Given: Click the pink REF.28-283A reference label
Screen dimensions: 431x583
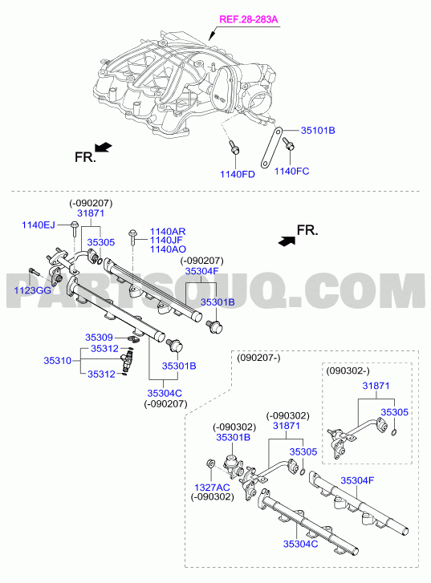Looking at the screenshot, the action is click(x=249, y=19).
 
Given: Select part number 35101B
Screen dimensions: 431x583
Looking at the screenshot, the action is click(x=318, y=131).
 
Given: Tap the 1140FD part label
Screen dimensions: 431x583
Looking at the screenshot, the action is click(x=237, y=174).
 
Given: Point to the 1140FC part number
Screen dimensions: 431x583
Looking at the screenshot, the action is click(x=292, y=171).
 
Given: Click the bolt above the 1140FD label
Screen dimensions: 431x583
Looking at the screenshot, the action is click(x=234, y=148).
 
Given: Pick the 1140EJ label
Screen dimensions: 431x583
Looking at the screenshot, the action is click(x=39, y=225).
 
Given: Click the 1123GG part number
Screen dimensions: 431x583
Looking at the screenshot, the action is click(x=32, y=290).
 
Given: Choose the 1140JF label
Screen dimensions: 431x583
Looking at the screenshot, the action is click(x=166, y=241).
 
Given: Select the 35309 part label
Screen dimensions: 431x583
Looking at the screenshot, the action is click(x=99, y=338).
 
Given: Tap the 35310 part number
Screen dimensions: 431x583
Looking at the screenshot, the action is click(x=57, y=361).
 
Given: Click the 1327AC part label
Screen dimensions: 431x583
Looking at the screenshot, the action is click(x=212, y=487).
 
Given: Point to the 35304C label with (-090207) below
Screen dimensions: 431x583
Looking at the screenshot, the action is click(x=165, y=393).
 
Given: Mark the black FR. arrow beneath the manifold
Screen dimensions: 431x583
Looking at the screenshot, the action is click(x=104, y=148).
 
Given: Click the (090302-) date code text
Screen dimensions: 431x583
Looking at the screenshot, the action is click(x=348, y=370).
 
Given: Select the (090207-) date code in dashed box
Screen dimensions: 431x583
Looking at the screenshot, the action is click(x=258, y=358).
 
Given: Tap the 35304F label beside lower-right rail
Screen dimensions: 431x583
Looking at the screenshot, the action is click(x=357, y=480).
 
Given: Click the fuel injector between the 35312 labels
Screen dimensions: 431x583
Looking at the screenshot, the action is click(x=127, y=360).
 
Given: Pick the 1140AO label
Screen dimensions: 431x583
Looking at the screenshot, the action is click(x=168, y=249).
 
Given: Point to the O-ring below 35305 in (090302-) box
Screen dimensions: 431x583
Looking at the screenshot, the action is click(x=394, y=432).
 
